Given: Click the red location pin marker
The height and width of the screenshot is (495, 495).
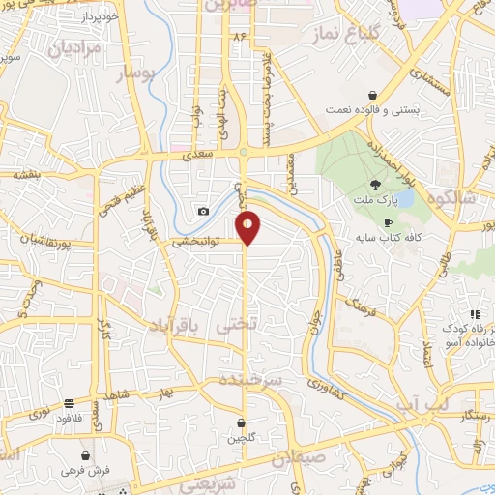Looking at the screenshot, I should tap(248, 228).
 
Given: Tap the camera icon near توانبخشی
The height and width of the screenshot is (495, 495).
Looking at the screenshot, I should tap(203, 212).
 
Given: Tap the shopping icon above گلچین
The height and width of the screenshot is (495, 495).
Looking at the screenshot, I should tap(241, 422).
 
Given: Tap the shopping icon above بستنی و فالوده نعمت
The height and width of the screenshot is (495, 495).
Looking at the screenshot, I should tap(373, 95).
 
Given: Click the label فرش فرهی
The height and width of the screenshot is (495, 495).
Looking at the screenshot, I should tap(87, 471).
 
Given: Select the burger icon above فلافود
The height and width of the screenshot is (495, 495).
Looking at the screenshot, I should tap(70, 405).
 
